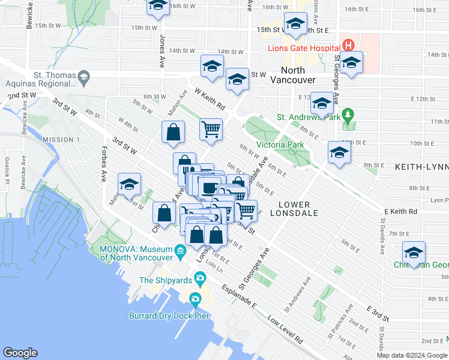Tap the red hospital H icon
click(x=348, y=45)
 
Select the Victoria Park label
click(x=280, y=145)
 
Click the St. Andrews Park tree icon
click(x=346, y=114)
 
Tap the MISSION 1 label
click(x=61, y=140)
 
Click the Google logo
click(x=20, y=352)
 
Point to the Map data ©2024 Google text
click(x=412, y=355)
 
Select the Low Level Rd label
click(x=285, y=330)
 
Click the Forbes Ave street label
click(x=103, y=163)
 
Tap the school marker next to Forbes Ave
click(x=129, y=185)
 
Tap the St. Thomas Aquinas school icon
click(x=83, y=76)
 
